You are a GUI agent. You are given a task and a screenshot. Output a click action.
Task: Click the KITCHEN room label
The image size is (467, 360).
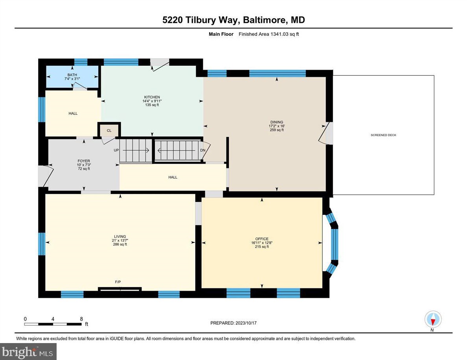coord(152,97)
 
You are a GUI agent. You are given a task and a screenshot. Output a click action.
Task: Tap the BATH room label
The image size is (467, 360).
coord(72,75)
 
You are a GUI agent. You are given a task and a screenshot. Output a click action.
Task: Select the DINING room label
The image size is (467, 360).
coord(277,122)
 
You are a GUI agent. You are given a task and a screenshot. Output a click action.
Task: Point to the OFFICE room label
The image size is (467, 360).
coord(262,239)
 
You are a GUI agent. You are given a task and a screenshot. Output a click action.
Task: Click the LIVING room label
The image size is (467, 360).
coord(120,236)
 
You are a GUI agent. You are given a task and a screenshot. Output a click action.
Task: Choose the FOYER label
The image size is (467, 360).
coord(84,161)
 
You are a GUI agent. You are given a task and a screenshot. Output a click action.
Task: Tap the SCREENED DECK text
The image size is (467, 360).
coord(383,135)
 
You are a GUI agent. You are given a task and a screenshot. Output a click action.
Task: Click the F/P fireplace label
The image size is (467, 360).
coord(118,282)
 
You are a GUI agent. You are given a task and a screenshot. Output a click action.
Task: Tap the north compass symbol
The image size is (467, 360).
coord(433,319)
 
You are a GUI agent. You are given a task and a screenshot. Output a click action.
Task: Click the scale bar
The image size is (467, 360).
coord(53,324)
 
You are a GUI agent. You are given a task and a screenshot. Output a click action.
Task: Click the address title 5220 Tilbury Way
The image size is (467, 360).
coord(233,20)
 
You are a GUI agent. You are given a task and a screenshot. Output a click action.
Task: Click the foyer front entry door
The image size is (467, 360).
coord(44,176)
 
